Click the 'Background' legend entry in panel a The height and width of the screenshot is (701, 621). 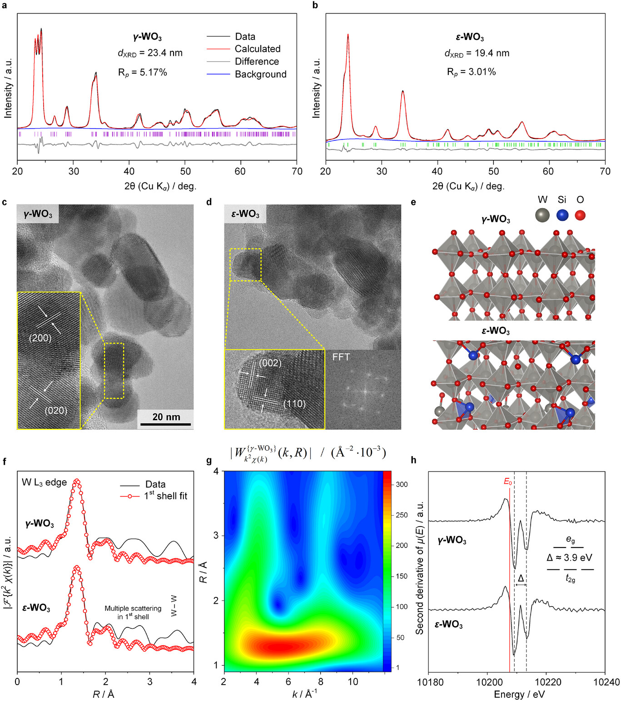tap(260, 74)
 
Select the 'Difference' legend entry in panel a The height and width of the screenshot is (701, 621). tap(257, 61)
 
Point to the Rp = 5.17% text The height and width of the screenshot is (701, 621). tap(143, 72)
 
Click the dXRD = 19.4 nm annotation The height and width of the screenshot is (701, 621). tap(477, 53)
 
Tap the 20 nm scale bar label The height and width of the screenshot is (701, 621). tap(166, 417)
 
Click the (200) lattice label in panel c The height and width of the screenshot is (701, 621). tap(40, 338)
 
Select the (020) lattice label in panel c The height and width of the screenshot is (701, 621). tap(56, 410)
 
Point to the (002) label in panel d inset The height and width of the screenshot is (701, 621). tap(270, 363)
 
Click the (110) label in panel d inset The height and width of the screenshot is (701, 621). tap(294, 404)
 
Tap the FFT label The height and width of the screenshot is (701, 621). tap(341, 357)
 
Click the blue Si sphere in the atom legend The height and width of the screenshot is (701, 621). tap(562, 215)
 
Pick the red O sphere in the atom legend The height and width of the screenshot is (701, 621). tap(580, 215)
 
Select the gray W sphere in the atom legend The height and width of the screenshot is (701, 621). tap(542, 215)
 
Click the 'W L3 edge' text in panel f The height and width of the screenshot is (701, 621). tap(45, 482)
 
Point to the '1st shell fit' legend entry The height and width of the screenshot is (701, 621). tap(165, 496)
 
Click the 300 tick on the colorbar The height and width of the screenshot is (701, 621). tap(402, 484)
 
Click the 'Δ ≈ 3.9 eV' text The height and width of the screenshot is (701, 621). tap(569, 557)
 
